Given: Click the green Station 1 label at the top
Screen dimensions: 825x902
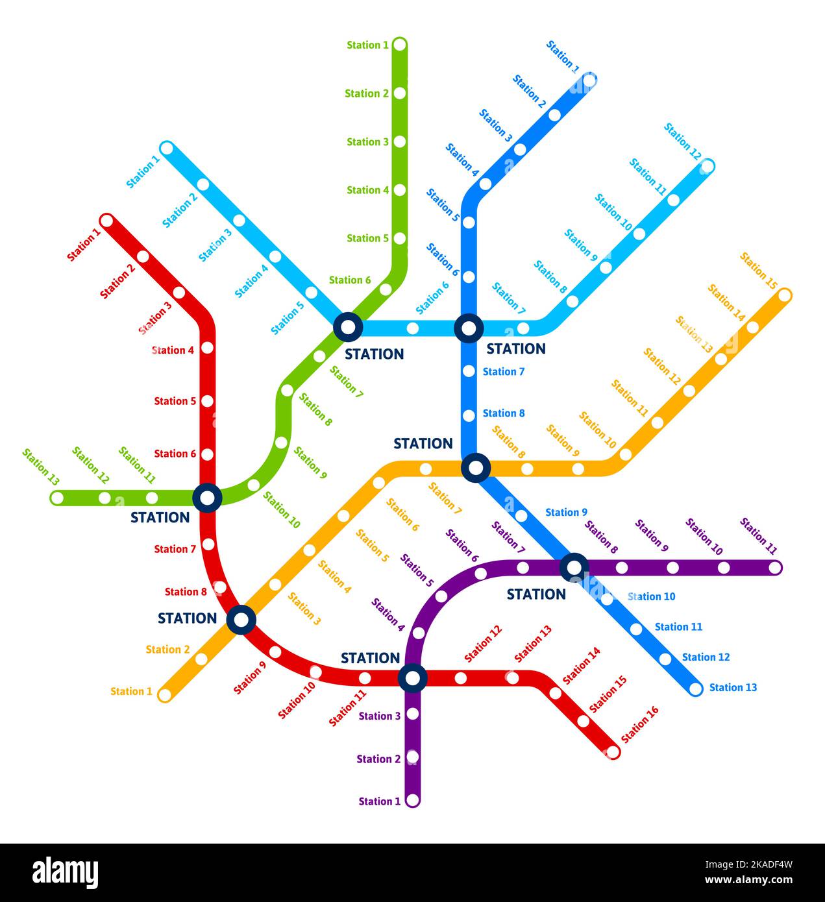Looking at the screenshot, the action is (x=367, y=45).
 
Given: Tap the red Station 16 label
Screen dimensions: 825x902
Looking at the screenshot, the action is (x=639, y=724).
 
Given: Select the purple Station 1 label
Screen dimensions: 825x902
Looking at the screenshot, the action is (x=380, y=801).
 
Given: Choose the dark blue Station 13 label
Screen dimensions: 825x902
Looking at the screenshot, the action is (x=733, y=687).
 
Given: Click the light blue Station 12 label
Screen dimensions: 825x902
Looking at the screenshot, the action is (x=682, y=141).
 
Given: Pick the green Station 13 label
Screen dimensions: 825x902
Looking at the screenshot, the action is (x=41, y=467).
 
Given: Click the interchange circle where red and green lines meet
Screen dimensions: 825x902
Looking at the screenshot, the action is (x=208, y=498).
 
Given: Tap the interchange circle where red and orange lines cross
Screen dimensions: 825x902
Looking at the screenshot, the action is (x=241, y=620).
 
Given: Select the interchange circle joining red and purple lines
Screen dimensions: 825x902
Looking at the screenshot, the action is (x=412, y=678).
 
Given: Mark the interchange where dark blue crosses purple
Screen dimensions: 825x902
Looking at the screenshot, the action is (x=574, y=567).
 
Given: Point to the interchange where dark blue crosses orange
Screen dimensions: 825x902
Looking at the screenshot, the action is (x=476, y=467).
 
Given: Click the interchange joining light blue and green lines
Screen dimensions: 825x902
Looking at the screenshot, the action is (x=348, y=327).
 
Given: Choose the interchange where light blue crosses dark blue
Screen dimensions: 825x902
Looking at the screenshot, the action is (x=468, y=328).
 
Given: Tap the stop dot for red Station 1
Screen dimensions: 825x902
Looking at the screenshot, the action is (x=107, y=221).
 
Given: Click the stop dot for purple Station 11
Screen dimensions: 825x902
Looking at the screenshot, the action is (x=775, y=568).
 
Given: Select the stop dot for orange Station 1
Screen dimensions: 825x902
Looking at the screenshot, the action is (x=165, y=695).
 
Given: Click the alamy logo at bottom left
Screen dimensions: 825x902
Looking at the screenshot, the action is (x=65, y=873).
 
